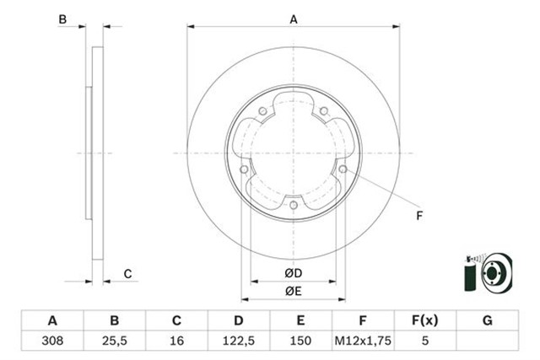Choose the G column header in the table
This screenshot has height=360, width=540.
click(x=487, y=321)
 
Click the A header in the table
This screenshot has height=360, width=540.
click(x=52, y=321)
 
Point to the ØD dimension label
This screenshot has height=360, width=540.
click(x=293, y=274)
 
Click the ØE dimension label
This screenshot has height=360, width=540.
click(x=293, y=292)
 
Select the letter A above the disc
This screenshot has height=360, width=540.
click(x=294, y=19)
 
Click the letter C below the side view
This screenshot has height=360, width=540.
click(x=127, y=273)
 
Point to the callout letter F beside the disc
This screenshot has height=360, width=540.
click(x=419, y=217)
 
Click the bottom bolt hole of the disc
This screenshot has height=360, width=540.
click(x=293, y=205)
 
